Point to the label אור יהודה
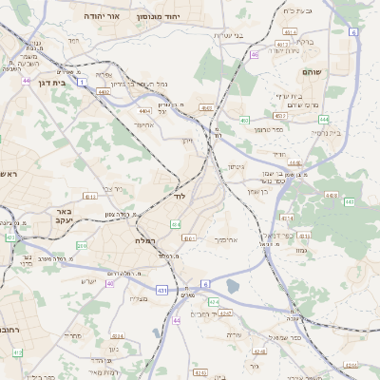101,16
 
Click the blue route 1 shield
83,82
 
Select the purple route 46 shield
256,54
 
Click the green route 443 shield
350,201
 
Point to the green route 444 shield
324,119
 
